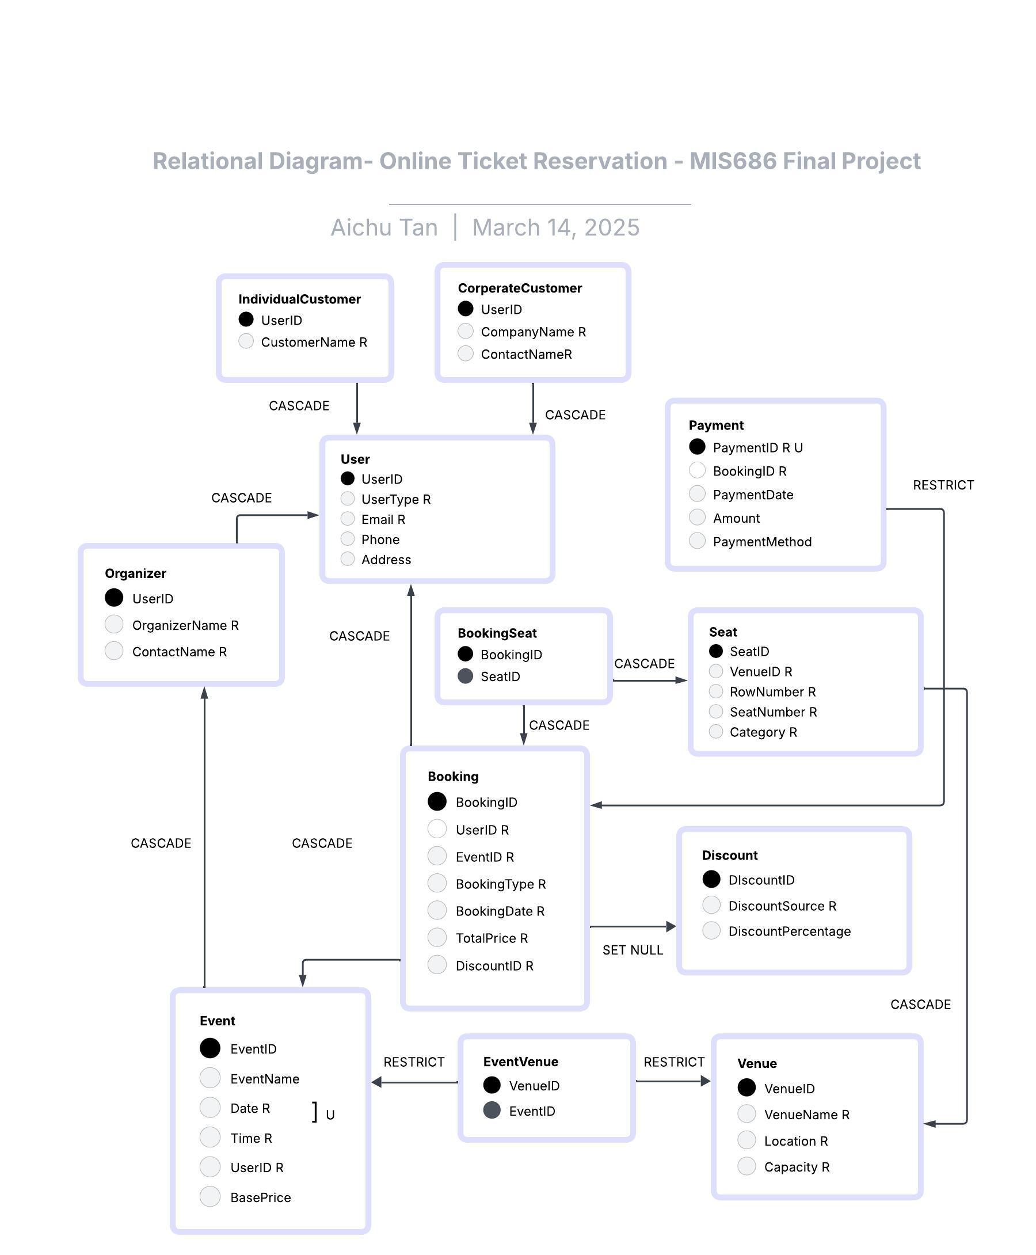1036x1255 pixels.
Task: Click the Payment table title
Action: tap(715, 425)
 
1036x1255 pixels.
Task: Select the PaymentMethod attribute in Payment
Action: tap(761, 541)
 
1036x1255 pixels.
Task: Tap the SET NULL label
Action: tap(632, 949)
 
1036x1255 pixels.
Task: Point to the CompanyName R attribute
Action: tap(533, 331)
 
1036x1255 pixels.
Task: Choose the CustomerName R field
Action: tap(314, 342)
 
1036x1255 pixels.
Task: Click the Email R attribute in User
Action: tap(383, 519)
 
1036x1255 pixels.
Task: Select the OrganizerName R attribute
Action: tap(185, 625)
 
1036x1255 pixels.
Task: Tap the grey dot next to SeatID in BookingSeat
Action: tap(465, 675)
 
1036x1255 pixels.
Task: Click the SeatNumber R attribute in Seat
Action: tap(773, 712)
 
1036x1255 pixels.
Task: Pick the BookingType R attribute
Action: tap(500, 883)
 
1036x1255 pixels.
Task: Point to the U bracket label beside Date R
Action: tap(329, 1114)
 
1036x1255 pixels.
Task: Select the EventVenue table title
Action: tap(520, 1061)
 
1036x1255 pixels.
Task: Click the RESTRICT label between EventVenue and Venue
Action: tap(674, 1062)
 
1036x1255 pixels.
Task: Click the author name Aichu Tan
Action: tap(384, 227)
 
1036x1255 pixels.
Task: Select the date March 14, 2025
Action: tap(555, 227)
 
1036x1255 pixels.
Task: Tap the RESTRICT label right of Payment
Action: tap(943, 485)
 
